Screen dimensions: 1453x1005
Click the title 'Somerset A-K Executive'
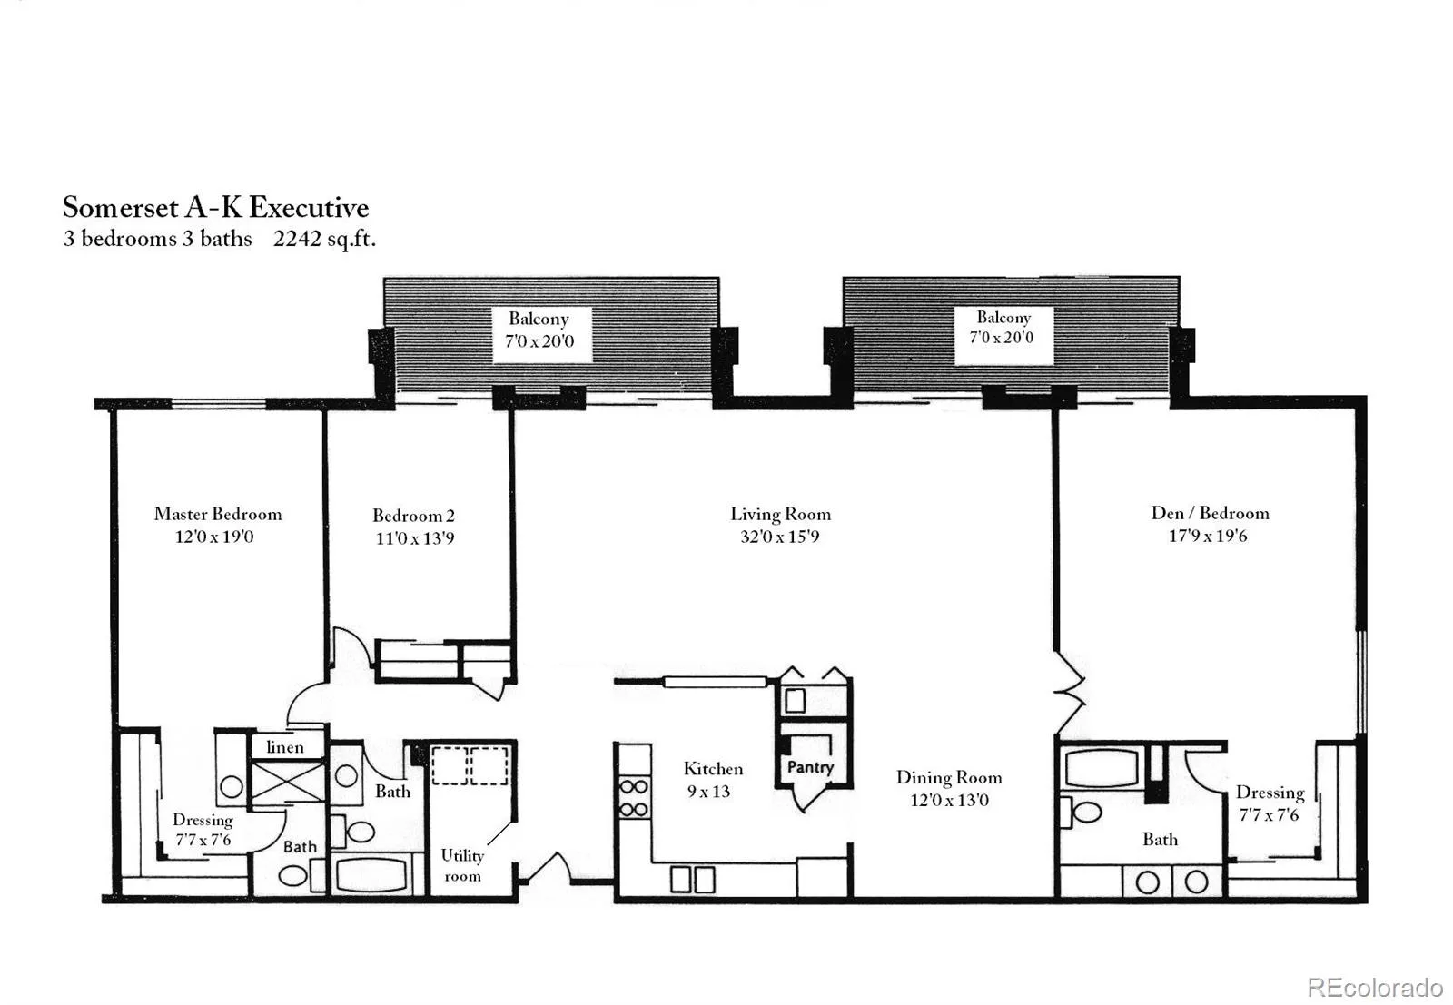(x=216, y=208)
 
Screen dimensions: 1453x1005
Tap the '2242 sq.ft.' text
(x=324, y=240)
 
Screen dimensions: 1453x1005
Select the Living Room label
(x=780, y=514)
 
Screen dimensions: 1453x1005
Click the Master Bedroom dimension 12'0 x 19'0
(x=214, y=537)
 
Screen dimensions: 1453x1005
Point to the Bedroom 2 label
(x=414, y=516)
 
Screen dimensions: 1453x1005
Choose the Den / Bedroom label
(x=1211, y=513)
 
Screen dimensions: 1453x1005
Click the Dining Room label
(x=949, y=777)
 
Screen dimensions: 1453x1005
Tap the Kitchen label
(x=713, y=769)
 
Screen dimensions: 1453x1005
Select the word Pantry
(x=810, y=768)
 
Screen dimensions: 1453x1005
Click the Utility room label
(x=462, y=865)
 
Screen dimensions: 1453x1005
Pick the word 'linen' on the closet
(x=285, y=747)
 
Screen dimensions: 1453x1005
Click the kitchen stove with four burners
(x=634, y=797)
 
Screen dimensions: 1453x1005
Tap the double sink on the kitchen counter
(x=693, y=880)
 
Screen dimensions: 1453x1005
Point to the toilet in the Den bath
(x=1082, y=812)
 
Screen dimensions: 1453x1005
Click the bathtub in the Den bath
(x=1102, y=768)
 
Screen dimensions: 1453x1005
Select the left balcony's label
(x=539, y=330)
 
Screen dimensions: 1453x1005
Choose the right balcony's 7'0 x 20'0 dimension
(x=1002, y=337)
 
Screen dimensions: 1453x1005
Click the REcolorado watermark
(x=1376, y=988)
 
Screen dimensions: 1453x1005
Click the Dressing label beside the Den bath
(x=1270, y=793)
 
